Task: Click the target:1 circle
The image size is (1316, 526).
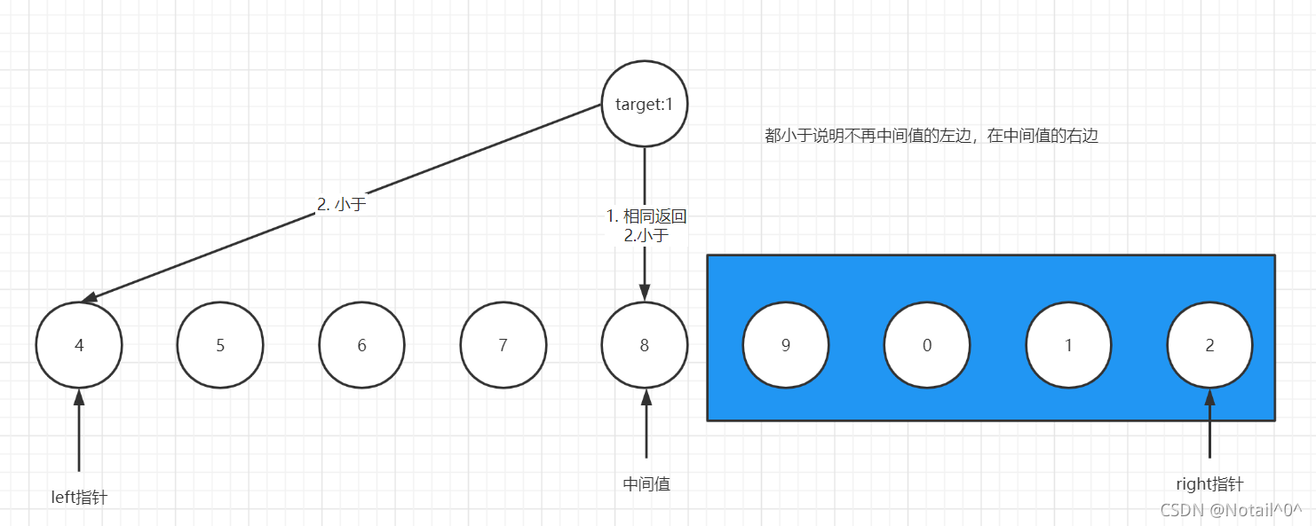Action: pyautogui.click(x=645, y=105)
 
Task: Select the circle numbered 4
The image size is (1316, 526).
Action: pyautogui.click(x=79, y=345)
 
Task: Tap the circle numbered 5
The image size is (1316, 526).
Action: pyautogui.click(x=220, y=345)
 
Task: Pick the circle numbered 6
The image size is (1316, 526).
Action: pyautogui.click(x=361, y=345)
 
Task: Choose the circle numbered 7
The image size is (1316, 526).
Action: pyautogui.click(x=503, y=345)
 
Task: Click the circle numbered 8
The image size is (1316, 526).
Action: pyautogui.click(x=645, y=345)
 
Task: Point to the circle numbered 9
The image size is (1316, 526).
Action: pyautogui.click(x=786, y=345)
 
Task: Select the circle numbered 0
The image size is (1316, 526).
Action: pyautogui.click(x=927, y=345)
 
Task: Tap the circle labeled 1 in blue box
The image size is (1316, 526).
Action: pyautogui.click(x=1068, y=345)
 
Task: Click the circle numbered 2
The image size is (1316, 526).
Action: pyautogui.click(x=1209, y=345)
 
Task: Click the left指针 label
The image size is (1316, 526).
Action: pyautogui.click(x=79, y=498)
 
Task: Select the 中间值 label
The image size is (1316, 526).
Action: pyautogui.click(x=646, y=483)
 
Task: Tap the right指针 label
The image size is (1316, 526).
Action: pyautogui.click(x=1209, y=484)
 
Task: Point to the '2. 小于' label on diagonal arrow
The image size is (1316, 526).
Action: pyautogui.click(x=342, y=203)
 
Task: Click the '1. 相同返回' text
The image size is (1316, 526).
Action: pyautogui.click(x=646, y=216)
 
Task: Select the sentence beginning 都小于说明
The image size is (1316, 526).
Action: pyautogui.click(x=932, y=137)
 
